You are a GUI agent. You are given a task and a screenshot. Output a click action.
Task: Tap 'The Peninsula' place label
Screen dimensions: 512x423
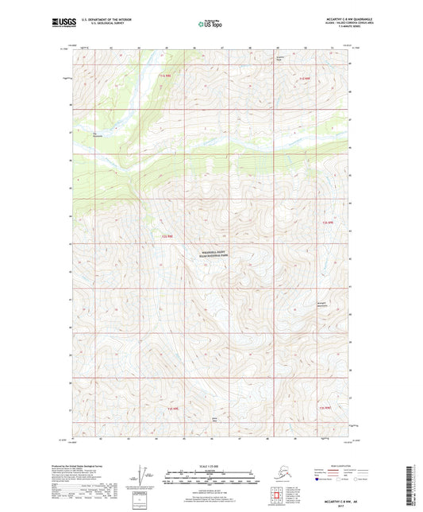pyautogui.click(x=98, y=134)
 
